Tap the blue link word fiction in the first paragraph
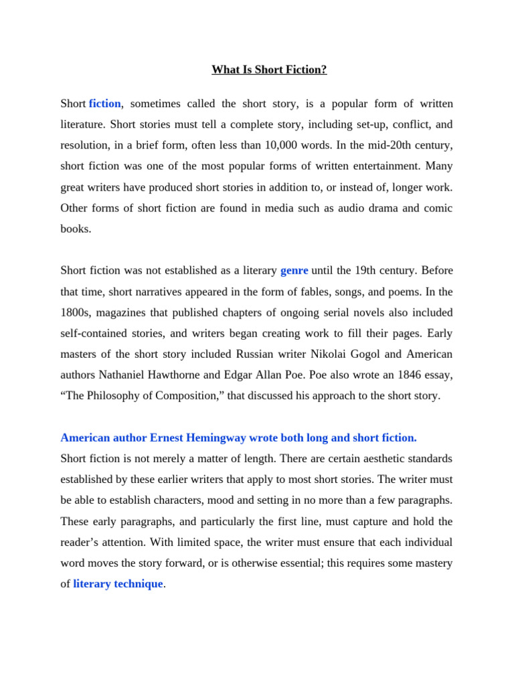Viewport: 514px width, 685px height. click(x=104, y=104)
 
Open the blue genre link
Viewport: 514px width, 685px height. click(x=294, y=270)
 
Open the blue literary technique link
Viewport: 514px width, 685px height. click(x=118, y=583)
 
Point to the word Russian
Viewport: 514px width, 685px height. click(x=256, y=354)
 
